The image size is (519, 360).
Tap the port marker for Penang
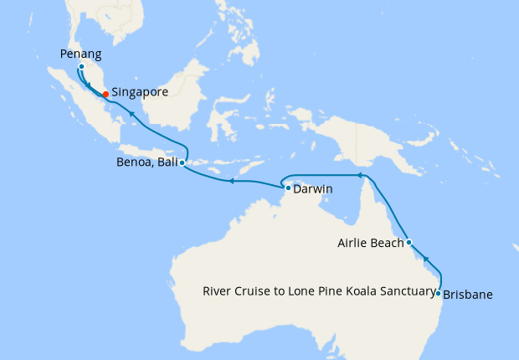pyautogui.click(x=81, y=66)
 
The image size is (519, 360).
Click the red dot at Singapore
pyautogui.click(x=105, y=94)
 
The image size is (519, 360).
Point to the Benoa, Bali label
pyautogui.click(x=147, y=163)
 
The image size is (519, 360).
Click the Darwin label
pyautogui.click(x=313, y=189)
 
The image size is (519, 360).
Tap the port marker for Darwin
pyautogui.click(x=288, y=188)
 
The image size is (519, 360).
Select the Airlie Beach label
pyautogui.click(x=371, y=244)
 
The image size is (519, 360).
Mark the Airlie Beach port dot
pyautogui.click(x=409, y=243)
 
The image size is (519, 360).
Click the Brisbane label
pyautogui.click(x=467, y=295)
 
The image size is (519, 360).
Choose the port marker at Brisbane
pyautogui.click(x=438, y=293)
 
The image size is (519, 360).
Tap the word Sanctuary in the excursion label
pyautogui.click(x=409, y=292)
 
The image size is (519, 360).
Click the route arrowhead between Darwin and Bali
pyautogui.click(x=233, y=180)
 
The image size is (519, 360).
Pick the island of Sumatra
pyautogui.click(x=84, y=109)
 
